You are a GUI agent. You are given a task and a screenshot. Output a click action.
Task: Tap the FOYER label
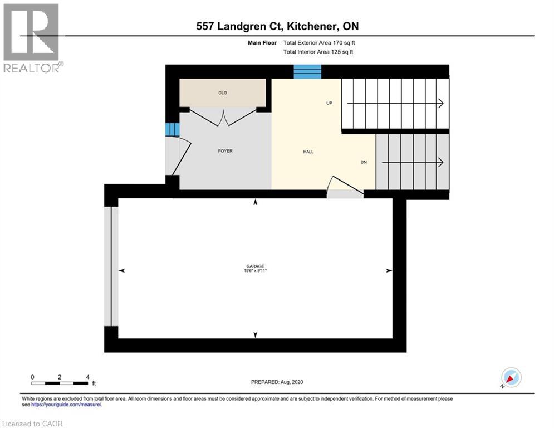pyautogui.click(x=225, y=151)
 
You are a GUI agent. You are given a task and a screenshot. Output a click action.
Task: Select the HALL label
pyautogui.click(x=308, y=152)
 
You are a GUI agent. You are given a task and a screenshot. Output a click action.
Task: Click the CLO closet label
pyautogui.click(x=223, y=93)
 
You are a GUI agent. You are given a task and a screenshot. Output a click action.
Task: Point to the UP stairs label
pyautogui.click(x=329, y=103)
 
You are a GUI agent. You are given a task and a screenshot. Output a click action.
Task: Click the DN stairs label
pyautogui.click(x=363, y=162)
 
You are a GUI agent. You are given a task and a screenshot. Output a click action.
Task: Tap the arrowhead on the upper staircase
pyautogui.click(x=440, y=103)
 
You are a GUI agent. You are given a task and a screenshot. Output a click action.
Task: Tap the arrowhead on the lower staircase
pyautogui.click(x=440, y=162)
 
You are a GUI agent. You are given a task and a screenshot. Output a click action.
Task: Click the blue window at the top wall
pyautogui.click(x=307, y=71)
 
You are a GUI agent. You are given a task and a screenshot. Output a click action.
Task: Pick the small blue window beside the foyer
pyautogui.click(x=172, y=129)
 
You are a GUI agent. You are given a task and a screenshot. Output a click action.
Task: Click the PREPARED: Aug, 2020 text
pyautogui.click(x=277, y=382)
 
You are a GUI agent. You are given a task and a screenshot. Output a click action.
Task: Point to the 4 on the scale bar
pyautogui.click(x=88, y=377)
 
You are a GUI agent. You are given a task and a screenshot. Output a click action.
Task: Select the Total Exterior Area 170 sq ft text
pyautogui.click(x=318, y=42)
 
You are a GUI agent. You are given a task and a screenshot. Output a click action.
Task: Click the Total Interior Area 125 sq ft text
pyautogui.click(x=318, y=52)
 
